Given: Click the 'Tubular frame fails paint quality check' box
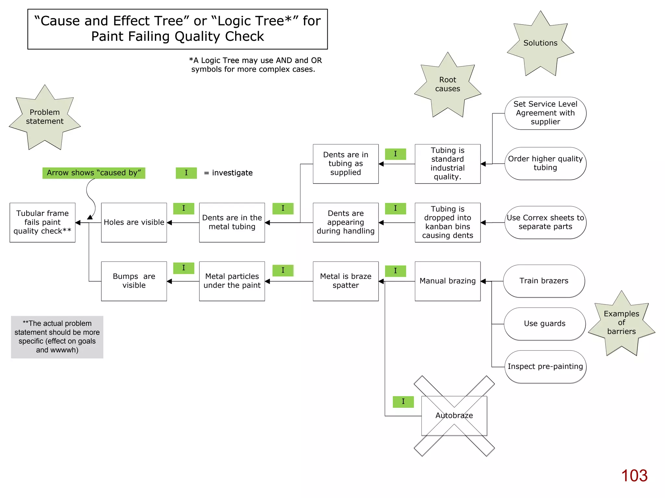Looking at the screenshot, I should (43, 222).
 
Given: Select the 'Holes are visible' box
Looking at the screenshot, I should (134, 222).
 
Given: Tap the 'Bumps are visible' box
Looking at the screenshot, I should (134, 281).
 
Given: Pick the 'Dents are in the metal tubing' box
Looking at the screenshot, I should (232, 222).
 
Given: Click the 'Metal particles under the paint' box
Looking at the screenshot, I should (232, 281).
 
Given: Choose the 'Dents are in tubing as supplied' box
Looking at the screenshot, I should (345, 164).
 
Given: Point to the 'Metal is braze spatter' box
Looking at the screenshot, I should (345, 281).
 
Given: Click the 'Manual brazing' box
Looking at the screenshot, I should (447, 281).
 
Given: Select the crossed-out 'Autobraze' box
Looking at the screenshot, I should (454, 416).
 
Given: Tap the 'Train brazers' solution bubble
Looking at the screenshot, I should (544, 281).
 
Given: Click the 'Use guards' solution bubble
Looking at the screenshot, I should (545, 324).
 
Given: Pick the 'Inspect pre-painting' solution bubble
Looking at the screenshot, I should (545, 367).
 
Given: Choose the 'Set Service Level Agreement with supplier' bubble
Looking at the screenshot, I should (545, 113).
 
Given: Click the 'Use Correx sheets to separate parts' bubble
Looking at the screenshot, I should (545, 222).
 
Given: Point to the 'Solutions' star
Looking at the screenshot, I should (540, 43).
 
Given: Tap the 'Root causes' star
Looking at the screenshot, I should (447, 85).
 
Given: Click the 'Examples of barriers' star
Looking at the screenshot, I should (621, 323).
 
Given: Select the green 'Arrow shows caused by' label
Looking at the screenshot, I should (94, 173).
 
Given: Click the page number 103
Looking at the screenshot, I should (634, 476).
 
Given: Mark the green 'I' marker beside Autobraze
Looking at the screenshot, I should (403, 402).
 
